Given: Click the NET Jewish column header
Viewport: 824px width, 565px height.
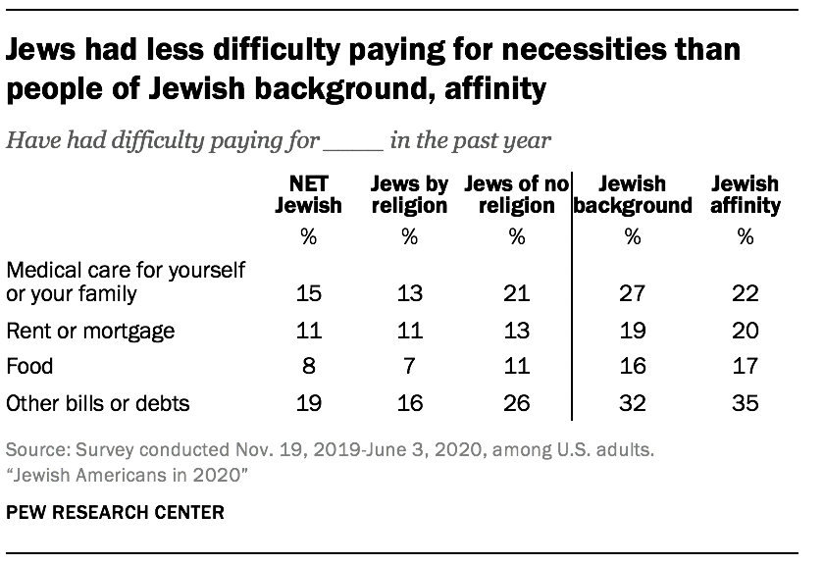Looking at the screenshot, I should point(309,194).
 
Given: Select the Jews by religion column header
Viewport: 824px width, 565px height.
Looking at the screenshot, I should point(410,194).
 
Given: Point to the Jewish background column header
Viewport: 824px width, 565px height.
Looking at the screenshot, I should point(633,194).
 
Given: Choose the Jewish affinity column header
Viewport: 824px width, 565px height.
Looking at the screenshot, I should point(746,194).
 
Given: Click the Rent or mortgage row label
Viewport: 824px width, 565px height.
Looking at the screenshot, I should point(90,331).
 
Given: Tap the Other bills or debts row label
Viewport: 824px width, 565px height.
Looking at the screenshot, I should point(97,402).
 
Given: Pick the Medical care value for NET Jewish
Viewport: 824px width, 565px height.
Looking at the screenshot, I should point(309,294).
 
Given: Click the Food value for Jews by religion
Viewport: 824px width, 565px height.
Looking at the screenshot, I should point(410,367).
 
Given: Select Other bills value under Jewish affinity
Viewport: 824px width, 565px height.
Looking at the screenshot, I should point(746,402).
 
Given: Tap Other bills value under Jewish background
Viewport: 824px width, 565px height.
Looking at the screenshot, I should point(633,402).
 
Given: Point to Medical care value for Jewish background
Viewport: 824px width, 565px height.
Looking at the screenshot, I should point(633,294).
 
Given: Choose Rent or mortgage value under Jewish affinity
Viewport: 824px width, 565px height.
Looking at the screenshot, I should point(746,331).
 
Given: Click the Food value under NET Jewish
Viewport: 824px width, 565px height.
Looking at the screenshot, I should point(309,367).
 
